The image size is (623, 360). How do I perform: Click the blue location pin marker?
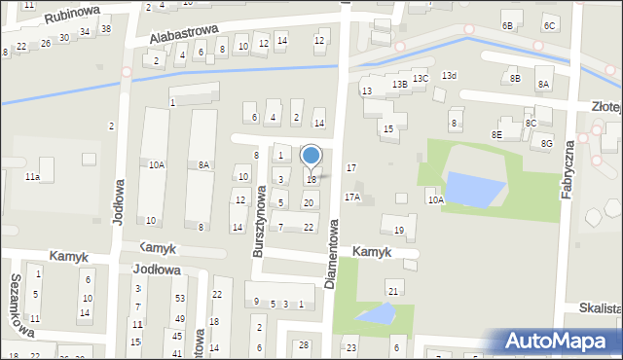(311, 156)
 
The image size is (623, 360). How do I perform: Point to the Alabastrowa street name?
(183, 34)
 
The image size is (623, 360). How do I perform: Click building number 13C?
(420, 78)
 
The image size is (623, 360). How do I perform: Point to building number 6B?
(507, 25)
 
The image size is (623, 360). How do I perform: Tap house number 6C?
(550, 25)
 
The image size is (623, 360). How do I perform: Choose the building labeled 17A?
(351, 197)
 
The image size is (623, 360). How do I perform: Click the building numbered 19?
(398, 230)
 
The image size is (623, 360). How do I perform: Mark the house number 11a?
(32, 176)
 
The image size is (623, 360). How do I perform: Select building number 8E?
(496, 134)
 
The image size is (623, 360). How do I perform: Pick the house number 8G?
(546, 144)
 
